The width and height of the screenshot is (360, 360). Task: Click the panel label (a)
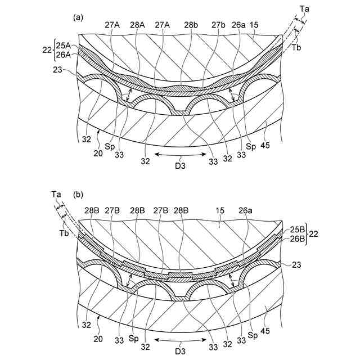click(x=78, y=17)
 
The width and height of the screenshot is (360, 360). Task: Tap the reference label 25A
click(x=63, y=46)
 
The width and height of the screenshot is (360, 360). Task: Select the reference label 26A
click(x=63, y=55)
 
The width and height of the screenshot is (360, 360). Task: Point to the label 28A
click(x=137, y=25)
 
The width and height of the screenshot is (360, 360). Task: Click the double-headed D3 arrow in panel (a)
click(x=181, y=153)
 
